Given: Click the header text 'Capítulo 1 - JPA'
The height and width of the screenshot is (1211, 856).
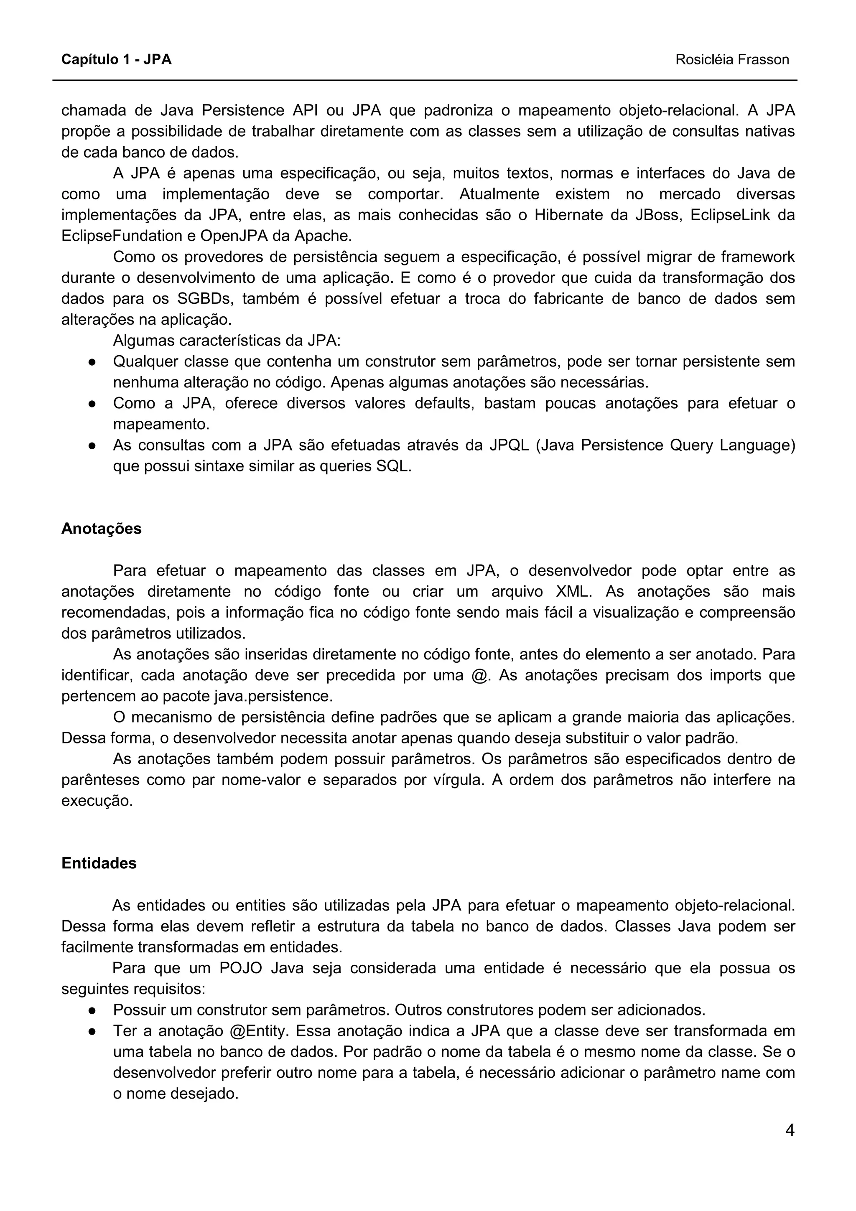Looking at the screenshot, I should pos(117,60).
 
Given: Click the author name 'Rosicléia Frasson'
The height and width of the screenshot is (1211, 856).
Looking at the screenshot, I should pos(732,60).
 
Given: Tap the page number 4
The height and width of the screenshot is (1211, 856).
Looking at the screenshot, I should pos(790,1130).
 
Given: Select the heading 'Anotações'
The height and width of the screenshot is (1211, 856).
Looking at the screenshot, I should pos(101,529).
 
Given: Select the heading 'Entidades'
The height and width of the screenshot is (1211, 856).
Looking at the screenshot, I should pos(99,863).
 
